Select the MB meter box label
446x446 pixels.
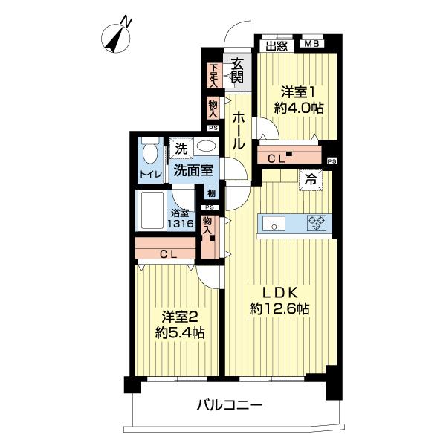coord(310,44)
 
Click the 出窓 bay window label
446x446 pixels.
coord(278,44)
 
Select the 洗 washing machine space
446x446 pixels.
coord(181,148)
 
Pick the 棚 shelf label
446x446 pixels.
coord(212,193)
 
